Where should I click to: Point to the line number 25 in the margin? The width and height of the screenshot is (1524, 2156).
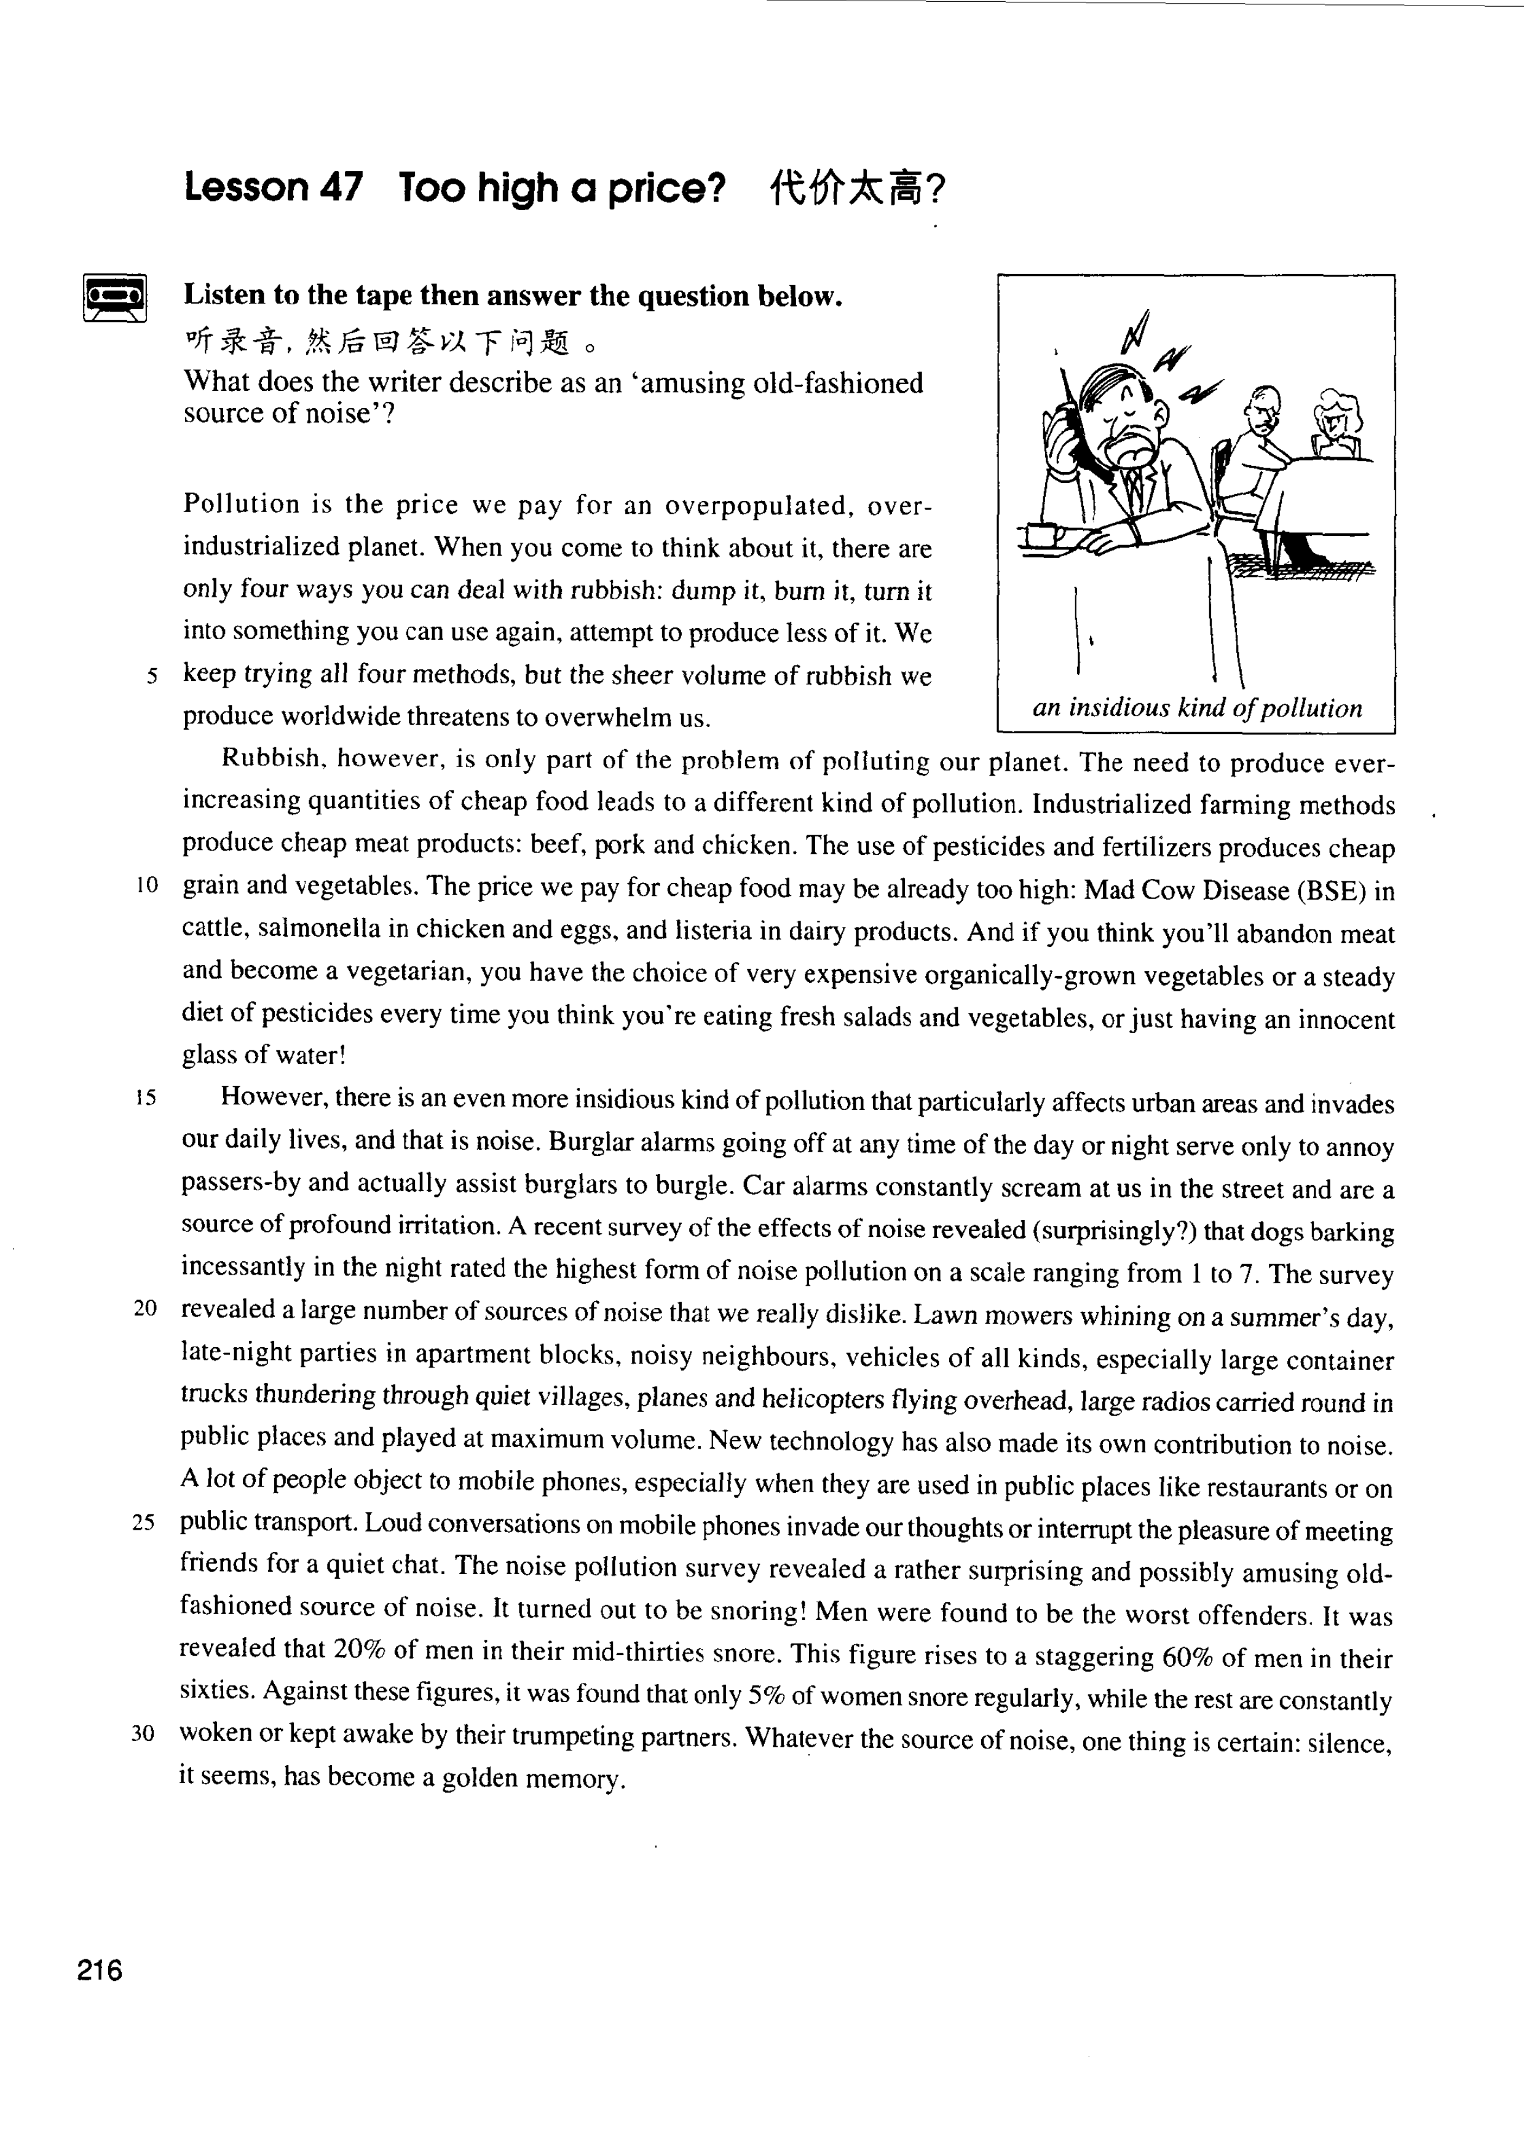click(x=143, y=1523)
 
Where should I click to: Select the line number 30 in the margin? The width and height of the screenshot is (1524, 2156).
click(x=143, y=1733)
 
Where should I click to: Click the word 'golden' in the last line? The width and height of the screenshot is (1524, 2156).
click(x=472, y=1777)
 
